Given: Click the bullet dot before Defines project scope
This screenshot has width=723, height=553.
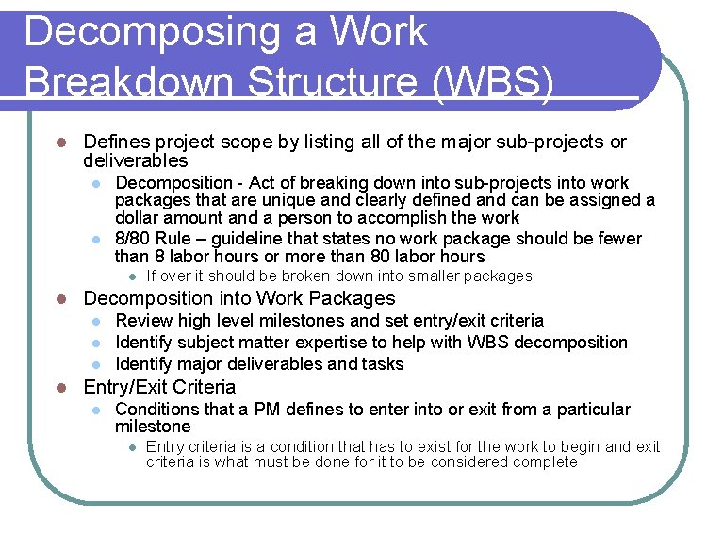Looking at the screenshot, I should click(x=58, y=143).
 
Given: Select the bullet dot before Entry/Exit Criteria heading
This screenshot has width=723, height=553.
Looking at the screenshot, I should click(x=58, y=388).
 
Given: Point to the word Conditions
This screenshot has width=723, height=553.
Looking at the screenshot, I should click(x=158, y=410).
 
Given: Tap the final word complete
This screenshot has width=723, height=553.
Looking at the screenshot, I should click(x=544, y=462).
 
